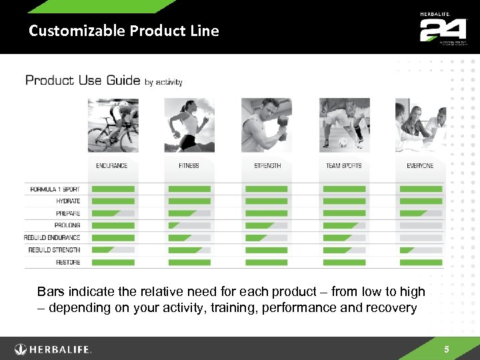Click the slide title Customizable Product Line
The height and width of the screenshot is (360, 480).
tap(124, 31)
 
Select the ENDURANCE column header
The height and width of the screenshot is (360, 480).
tap(111, 165)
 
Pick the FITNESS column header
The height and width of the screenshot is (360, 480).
tap(189, 165)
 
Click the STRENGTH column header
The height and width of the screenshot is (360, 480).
tap(267, 165)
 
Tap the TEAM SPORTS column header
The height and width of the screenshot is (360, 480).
tap(344, 165)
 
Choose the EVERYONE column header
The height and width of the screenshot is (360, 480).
tap(420, 165)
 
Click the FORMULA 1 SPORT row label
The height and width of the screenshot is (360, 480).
tap(55, 189)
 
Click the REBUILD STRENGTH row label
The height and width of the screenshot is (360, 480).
tap(54, 250)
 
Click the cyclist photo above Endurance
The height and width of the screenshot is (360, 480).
tap(113, 125)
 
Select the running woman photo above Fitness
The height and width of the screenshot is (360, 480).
tap(189, 125)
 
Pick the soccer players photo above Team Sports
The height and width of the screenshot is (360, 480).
tap(344, 125)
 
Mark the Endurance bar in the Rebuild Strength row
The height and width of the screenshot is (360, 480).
tap(112, 250)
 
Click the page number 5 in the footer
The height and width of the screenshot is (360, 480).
tap(447, 349)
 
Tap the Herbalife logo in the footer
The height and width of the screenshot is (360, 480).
tap(53, 349)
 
